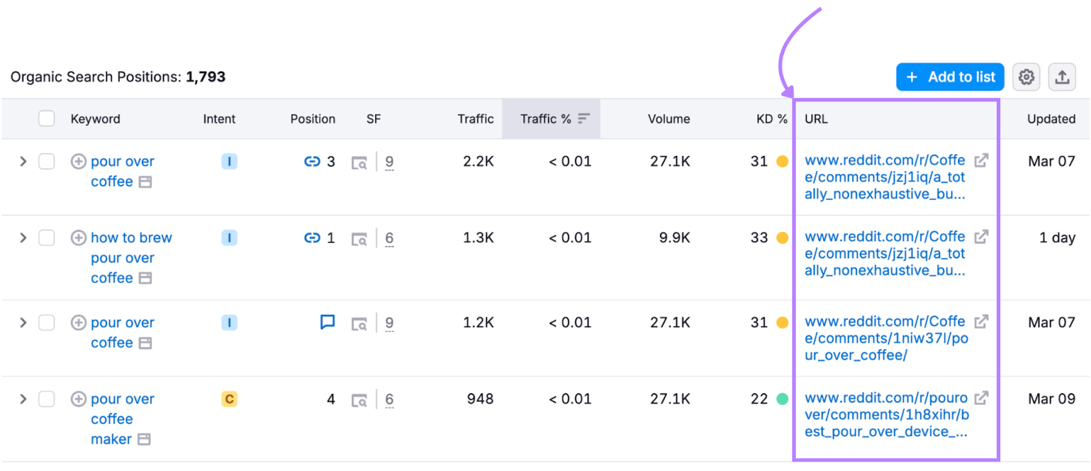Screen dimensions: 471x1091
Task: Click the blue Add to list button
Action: (950, 77)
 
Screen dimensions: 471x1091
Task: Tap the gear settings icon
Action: (1026, 77)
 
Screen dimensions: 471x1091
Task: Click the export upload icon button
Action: (1062, 77)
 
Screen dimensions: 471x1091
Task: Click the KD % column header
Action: (771, 119)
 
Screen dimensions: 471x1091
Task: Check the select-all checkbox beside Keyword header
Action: (46, 119)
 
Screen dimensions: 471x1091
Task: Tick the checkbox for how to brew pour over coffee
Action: (46, 238)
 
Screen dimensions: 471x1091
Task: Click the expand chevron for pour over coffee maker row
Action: (23, 399)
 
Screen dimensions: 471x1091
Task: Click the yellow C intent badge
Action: (229, 399)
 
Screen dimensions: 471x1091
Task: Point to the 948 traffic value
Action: (480, 399)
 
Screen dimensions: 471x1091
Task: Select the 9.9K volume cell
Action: (674, 238)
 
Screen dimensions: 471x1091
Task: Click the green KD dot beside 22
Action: (782, 399)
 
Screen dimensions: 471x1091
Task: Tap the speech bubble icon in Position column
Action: (327, 322)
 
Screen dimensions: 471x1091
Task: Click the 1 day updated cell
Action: (1057, 238)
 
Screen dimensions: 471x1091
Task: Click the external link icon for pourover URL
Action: (981, 397)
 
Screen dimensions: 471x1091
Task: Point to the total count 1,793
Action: (205, 77)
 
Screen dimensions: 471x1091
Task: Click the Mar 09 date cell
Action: (1051, 399)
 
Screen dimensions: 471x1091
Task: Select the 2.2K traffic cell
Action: (478, 162)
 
